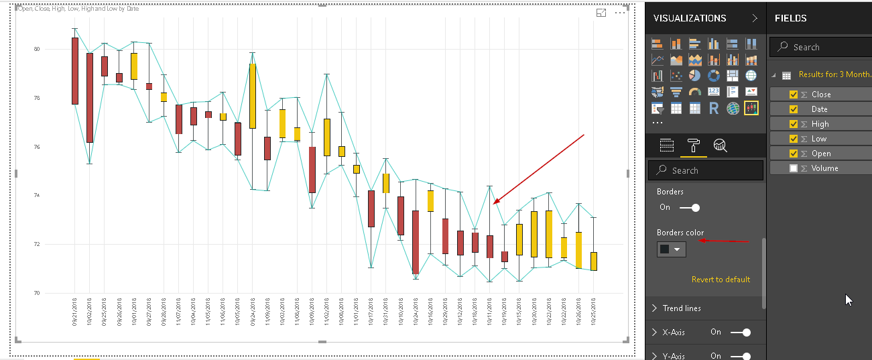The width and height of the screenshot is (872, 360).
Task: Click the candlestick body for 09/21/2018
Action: (x=75, y=70)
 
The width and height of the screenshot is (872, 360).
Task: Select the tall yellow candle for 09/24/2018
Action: (x=252, y=95)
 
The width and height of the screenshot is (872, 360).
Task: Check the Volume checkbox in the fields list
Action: (x=794, y=168)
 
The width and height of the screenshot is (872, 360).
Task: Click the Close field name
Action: (x=821, y=95)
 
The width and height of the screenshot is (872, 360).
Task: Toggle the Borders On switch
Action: (x=690, y=208)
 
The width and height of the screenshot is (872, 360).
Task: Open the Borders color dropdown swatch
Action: (x=671, y=249)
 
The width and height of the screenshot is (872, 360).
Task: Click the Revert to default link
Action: (x=721, y=280)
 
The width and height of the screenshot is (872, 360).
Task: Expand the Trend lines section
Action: (x=682, y=308)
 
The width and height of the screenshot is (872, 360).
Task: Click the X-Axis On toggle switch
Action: (x=740, y=332)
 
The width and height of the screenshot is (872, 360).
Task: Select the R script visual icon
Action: (x=714, y=108)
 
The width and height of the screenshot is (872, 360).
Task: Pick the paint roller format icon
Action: (x=693, y=145)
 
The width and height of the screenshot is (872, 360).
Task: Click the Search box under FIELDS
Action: (x=824, y=47)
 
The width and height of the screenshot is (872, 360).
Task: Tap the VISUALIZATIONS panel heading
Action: (x=690, y=18)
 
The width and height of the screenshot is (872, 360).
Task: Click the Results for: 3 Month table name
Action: (x=834, y=74)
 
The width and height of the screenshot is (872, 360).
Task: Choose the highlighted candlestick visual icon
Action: (x=751, y=108)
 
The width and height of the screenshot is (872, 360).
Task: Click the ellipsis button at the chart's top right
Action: (x=620, y=13)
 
